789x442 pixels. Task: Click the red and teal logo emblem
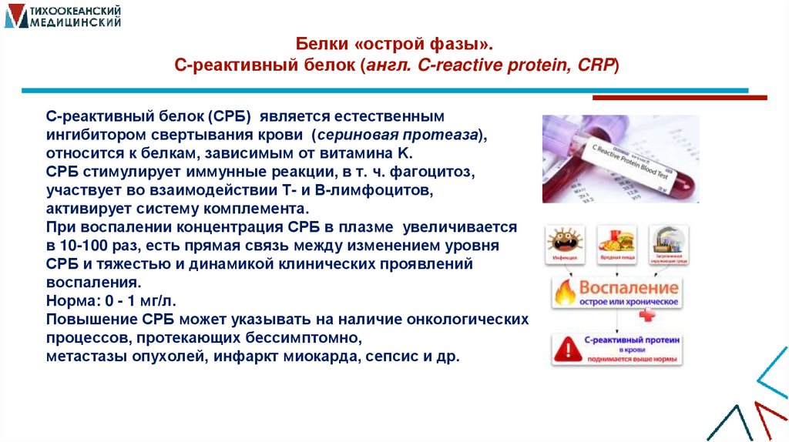16,15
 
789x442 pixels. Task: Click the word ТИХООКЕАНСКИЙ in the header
76,10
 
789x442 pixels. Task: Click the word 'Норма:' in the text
70,302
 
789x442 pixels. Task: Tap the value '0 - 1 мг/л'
143,302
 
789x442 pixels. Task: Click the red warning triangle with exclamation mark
570,348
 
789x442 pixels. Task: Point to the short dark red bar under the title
679,98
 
